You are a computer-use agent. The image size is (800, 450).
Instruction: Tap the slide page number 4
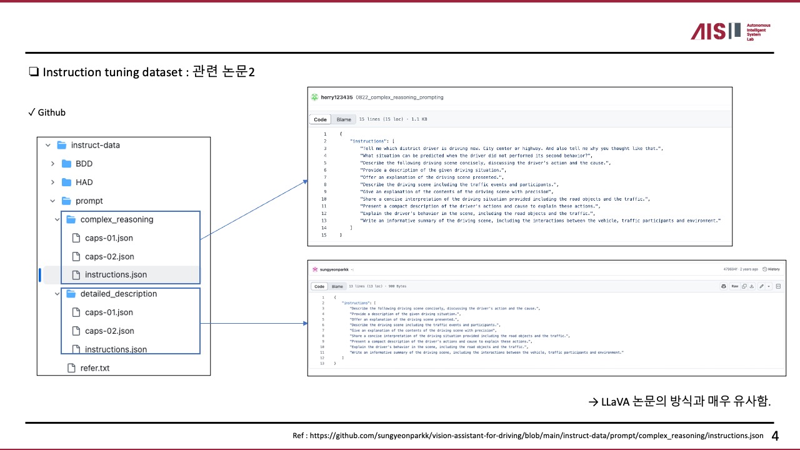tap(775, 436)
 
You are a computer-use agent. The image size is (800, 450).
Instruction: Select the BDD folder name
tap(84, 164)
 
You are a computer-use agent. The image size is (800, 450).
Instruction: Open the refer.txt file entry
tap(94, 368)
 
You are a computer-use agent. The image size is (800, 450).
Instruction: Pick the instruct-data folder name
tap(95, 145)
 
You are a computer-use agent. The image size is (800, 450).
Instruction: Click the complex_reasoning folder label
tap(117, 219)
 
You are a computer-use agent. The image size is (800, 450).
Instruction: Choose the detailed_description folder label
tap(119, 294)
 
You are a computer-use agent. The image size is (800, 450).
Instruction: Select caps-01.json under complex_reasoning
tap(109, 238)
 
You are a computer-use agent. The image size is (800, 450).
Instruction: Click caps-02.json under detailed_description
tap(109, 331)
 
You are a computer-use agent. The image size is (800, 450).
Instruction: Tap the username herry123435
tap(336, 97)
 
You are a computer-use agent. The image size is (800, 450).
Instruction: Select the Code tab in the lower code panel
tap(319, 286)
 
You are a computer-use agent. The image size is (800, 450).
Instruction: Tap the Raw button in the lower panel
tap(735, 286)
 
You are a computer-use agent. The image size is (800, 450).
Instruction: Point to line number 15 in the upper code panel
tap(324, 235)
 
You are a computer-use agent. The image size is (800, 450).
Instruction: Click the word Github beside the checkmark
tap(52, 113)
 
